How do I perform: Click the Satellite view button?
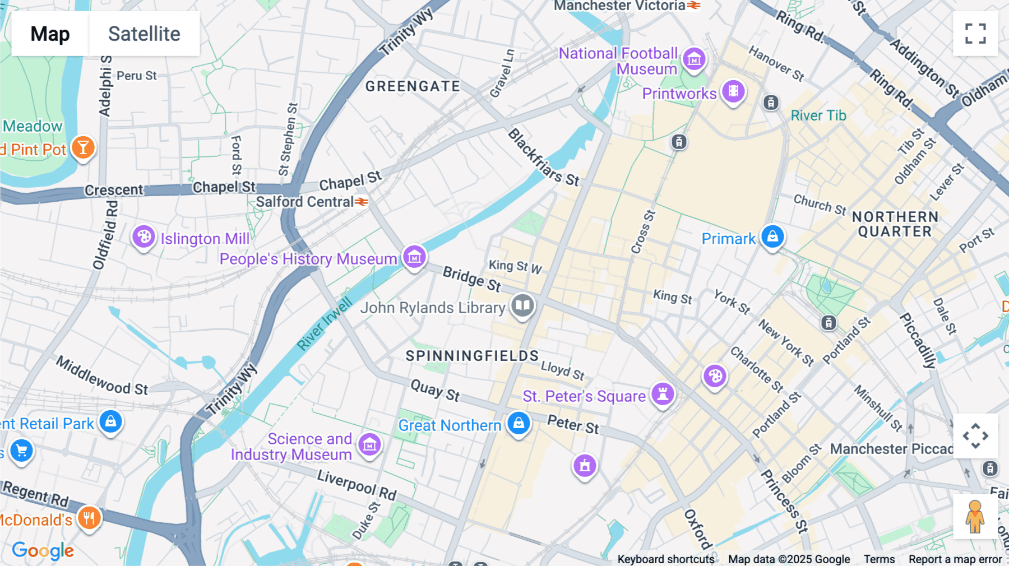click(144, 34)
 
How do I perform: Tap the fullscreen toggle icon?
click(975, 34)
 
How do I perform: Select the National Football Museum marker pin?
click(694, 58)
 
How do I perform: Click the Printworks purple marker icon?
click(733, 91)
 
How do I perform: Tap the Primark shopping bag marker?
click(772, 236)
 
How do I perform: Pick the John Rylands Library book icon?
click(522, 305)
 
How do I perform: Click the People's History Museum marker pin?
click(414, 257)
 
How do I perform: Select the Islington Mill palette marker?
click(144, 237)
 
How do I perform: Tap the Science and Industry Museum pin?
click(369, 445)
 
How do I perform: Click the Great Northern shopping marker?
click(519, 423)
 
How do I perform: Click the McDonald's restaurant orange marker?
click(89, 517)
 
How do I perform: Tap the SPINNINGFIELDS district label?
click(472, 356)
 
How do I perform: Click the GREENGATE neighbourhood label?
click(413, 86)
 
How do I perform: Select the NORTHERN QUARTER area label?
click(895, 224)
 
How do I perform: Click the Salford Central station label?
click(306, 202)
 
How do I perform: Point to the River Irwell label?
click(324, 324)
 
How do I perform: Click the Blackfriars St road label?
click(543, 157)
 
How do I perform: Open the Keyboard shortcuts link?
click(665, 559)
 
